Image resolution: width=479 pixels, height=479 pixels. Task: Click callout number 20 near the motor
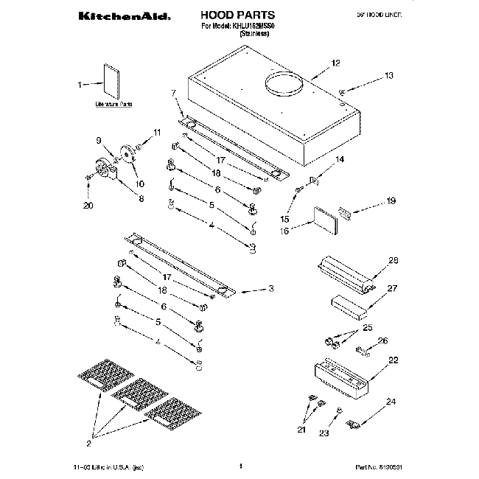coord(88,206)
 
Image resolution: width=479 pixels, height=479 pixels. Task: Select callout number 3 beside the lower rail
coord(271,287)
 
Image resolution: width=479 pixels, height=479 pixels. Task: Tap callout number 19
coord(391,200)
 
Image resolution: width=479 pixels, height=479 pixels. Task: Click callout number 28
coord(393,260)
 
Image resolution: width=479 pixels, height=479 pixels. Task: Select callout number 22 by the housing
coord(393,360)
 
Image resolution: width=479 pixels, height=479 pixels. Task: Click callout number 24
coord(391,402)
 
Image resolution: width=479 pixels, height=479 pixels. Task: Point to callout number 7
coord(174,93)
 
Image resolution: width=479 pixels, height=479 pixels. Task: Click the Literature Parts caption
coord(113,105)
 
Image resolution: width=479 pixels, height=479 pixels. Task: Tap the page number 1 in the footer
coord(241,466)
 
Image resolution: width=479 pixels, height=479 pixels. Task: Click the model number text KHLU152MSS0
coord(258,26)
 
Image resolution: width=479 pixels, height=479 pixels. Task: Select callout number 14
coord(340,160)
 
